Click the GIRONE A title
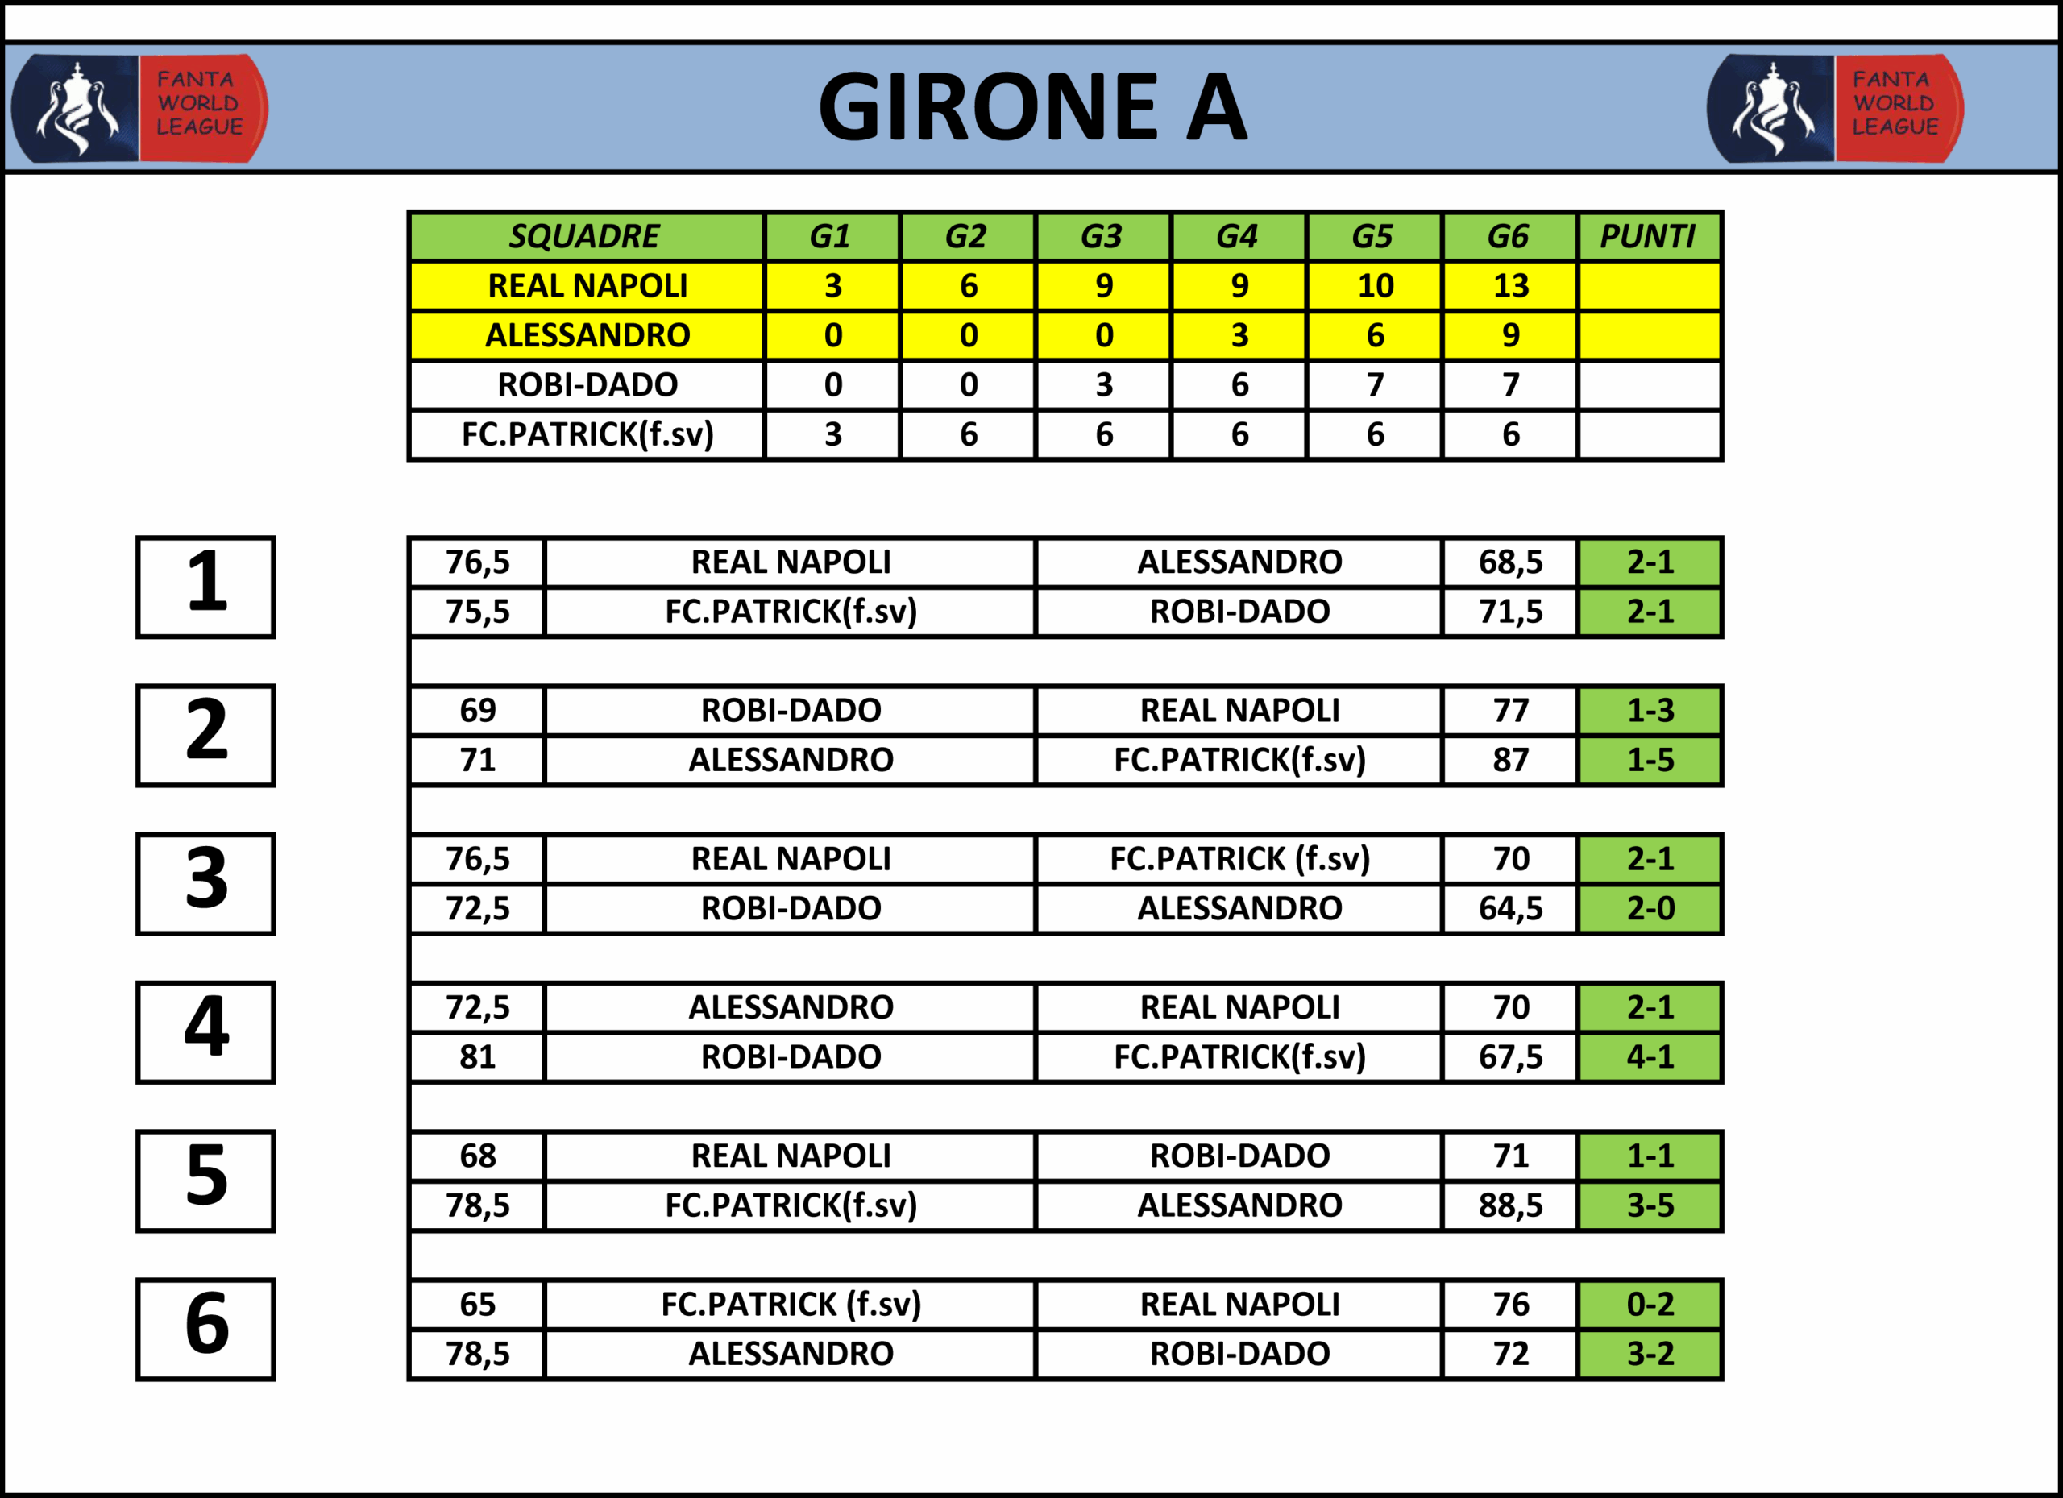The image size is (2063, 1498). click(x=1032, y=107)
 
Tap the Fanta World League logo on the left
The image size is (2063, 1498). click(x=139, y=107)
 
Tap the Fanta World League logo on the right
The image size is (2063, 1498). click(x=1835, y=107)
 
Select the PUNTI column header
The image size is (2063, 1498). click(x=1648, y=236)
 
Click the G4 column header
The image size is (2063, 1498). click(x=1238, y=236)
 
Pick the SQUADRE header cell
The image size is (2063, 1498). click(x=586, y=236)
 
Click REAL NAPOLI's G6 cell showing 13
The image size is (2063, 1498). click(x=1510, y=285)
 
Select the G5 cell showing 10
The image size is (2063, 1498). click(x=1375, y=285)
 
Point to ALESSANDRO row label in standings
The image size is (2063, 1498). click(x=586, y=334)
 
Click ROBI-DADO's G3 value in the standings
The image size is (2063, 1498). click(x=1103, y=384)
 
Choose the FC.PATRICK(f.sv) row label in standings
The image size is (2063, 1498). click(x=586, y=434)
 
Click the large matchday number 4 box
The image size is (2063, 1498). click(x=205, y=1031)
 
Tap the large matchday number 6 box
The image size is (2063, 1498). click(x=205, y=1329)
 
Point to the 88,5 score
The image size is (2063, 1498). click(x=1510, y=1205)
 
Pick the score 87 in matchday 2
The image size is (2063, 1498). click(x=1510, y=759)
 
